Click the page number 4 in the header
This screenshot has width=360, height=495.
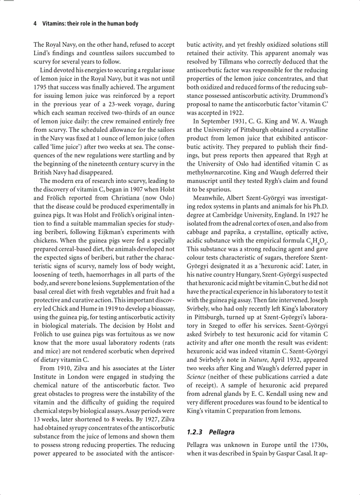click(x=35, y=24)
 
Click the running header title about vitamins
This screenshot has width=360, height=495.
click(x=90, y=24)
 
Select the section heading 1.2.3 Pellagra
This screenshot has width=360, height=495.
click(x=210, y=432)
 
